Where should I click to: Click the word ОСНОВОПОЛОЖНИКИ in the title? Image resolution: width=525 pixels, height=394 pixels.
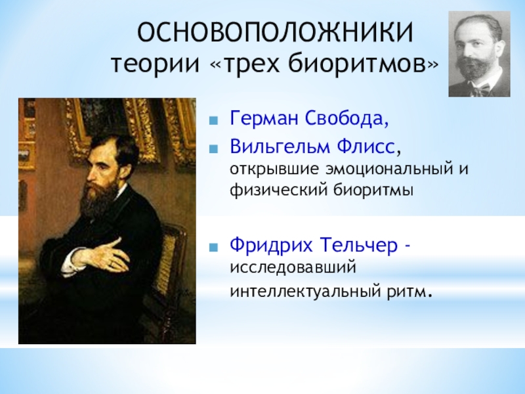pyautogui.click(x=275, y=32)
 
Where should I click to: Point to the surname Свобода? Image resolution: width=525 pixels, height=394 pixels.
pyautogui.click(x=346, y=118)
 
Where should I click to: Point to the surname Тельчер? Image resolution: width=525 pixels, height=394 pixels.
pyautogui.click(x=358, y=245)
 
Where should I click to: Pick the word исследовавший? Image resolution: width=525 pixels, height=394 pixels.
pyautogui.click(x=293, y=268)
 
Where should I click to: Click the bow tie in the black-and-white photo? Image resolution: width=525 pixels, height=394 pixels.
pyautogui.click(x=481, y=89)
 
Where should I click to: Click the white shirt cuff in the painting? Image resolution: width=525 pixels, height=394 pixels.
pyautogui.click(x=70, y=262)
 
